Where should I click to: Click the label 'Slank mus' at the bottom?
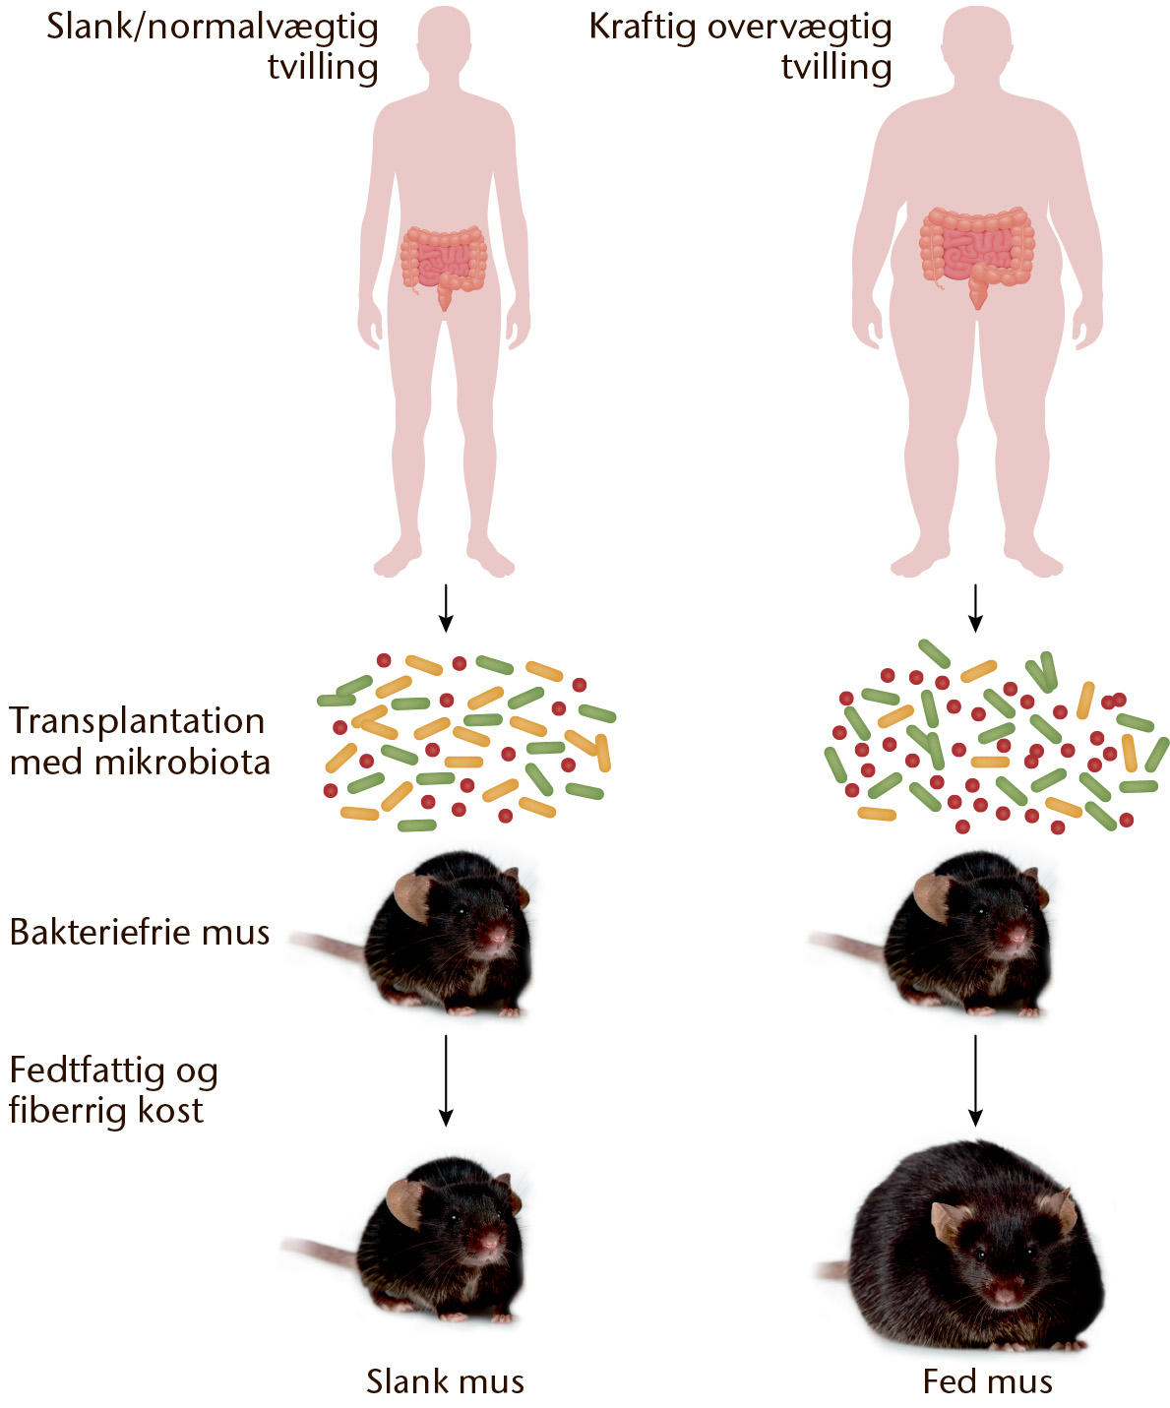tap(445, 1381)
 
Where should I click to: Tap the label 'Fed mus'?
tap(987, 1381)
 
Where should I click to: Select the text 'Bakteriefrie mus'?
tap(140, 933)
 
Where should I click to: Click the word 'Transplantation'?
tap(137, 721)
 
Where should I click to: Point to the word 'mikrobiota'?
tap(182, 763)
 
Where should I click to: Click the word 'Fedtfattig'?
tap(87, 1072)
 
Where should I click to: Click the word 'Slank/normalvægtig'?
tap(213, 29)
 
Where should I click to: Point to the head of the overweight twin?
tap(976, 40)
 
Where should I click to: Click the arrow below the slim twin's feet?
tap(445, 608)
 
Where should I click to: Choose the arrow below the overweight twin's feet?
tap(975, 608)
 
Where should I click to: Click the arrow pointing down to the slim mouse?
tap(445, 1081)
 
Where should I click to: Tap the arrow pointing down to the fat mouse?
tap(975, 1081)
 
